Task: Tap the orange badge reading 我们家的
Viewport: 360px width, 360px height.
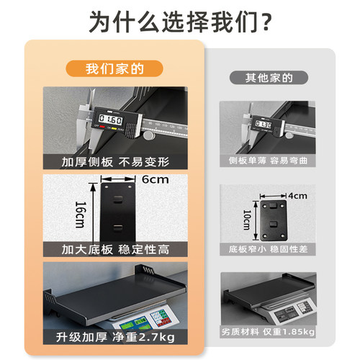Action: click(x=115, y=69)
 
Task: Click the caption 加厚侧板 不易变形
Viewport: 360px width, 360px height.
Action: click(x=115, y=162)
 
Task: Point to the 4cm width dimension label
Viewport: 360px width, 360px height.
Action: click(x=297, y=195)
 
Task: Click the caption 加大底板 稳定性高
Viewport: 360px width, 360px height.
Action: click(x=115, y=250)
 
